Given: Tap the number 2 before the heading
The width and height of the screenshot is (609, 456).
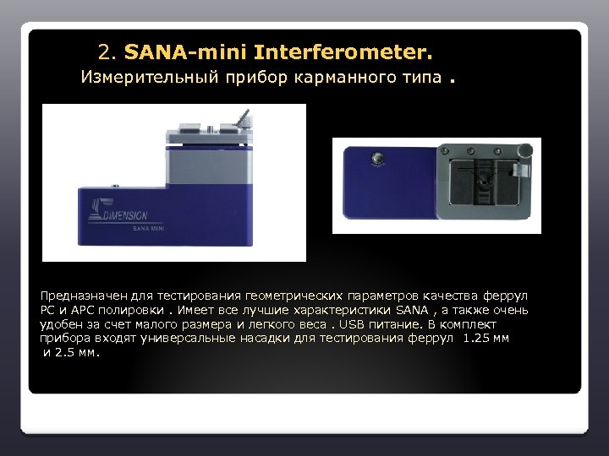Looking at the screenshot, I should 105,53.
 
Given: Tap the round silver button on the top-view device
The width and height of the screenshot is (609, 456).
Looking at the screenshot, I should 378,157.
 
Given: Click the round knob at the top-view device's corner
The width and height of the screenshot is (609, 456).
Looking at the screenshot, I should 526,150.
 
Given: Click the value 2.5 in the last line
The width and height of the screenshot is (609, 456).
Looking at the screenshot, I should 63,351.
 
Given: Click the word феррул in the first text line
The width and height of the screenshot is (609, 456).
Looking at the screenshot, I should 505,296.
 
